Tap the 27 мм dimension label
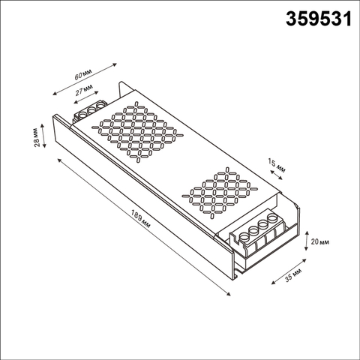point(87,90)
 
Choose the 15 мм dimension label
point(277,166)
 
